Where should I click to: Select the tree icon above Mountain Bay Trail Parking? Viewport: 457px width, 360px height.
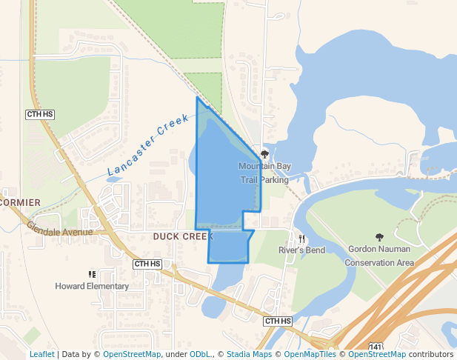(x=264, y=154)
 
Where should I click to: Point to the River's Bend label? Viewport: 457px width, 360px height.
(x=301, y=250)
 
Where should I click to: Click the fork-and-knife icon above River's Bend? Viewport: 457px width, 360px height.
(x=301, y=239)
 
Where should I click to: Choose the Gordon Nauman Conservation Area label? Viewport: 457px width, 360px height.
(x=379, y=257)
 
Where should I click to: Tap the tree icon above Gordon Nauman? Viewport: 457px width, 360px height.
(x=379, y=238)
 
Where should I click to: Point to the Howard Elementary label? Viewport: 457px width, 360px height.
(x=92, y=286)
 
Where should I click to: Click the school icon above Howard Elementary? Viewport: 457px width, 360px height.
(x=92, y=274)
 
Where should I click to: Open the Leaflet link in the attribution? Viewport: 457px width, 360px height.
(x=41, y=354)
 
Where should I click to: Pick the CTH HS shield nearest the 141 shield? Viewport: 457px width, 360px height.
(x=278, y=321)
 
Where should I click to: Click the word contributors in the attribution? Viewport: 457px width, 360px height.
(x=431, y=354)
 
